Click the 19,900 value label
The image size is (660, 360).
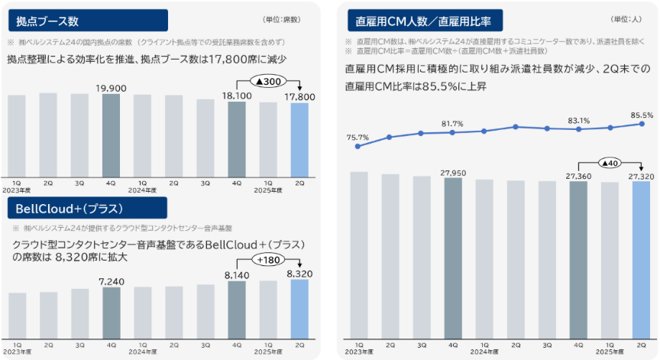112,89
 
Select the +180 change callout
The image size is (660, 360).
268,260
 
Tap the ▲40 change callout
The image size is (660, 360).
610,162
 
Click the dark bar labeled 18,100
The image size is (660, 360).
237,138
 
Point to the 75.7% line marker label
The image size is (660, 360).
357,138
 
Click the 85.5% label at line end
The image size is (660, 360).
641,115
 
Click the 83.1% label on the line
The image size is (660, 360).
578,120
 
